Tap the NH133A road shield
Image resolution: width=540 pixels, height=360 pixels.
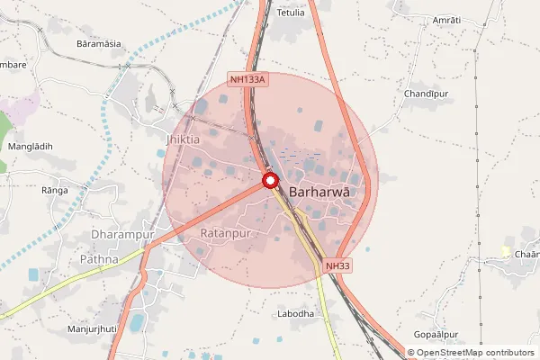[x=248, y=80]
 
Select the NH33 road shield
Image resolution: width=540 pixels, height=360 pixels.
[x=337, y=265]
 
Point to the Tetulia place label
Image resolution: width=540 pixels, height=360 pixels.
[x=291, y=13]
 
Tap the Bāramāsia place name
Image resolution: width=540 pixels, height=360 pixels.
[x=99, y=43]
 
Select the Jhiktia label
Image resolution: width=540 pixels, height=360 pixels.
[x=184, y=139]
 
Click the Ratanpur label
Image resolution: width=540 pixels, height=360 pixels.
[x=223, y=233]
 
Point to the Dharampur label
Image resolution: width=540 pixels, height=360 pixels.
[x=124, y=234]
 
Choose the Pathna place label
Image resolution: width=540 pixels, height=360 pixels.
[x=99, y=259]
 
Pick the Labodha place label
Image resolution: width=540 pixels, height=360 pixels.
[x=296, y=314]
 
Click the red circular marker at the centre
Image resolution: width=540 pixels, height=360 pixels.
[x=270, y=181]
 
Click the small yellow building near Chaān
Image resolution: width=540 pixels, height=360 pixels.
[x=506, y=250]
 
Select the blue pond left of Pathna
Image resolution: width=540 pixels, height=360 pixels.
[x=34, y=274]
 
